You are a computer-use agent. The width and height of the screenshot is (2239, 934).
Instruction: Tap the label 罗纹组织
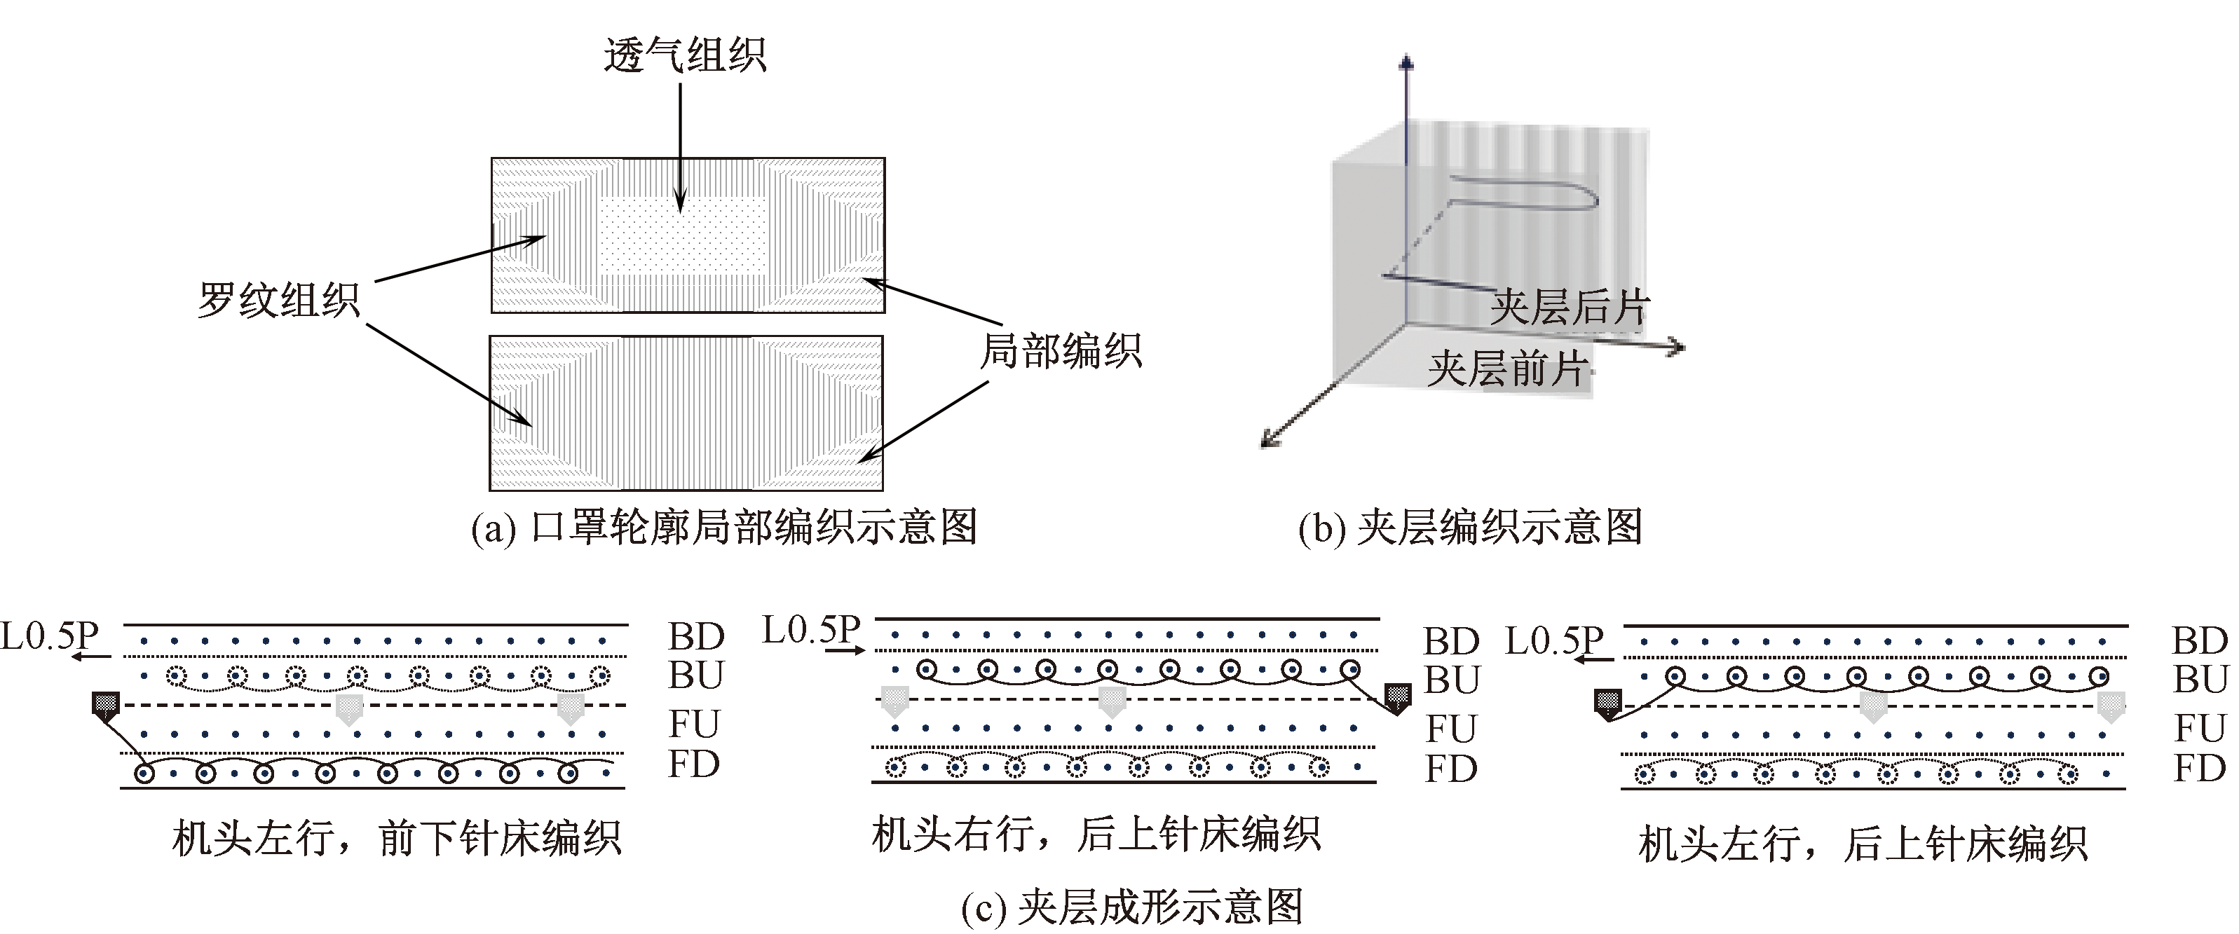click(278, 301)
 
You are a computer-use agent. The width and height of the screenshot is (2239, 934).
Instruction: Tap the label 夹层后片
click(1569, 308)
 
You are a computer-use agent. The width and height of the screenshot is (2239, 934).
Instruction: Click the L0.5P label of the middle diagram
click(811, 630)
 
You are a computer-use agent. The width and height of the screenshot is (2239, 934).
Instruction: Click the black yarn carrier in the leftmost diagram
click(105, 706)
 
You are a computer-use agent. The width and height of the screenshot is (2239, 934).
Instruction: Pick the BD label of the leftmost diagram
click(695, 637)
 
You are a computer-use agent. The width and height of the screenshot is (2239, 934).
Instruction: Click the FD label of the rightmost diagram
click(2199, 769)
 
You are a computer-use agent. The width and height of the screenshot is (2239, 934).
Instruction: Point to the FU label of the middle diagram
click(1450, 729)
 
